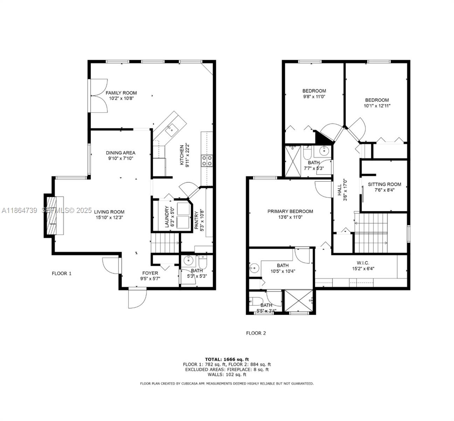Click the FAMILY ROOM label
pyautogui.click(x=121, y=93)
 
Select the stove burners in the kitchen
pyautogui.click(x=207, y=161)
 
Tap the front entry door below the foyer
pyautogui.click(x=136, y=299)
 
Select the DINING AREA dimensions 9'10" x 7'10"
pyautogui.click(x=121, y=158)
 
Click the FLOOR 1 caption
pyautogui.click(x=62, y=273)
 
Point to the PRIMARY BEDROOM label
pyautogui.click(x=290, y=211)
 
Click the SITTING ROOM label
pyautogui.click(x=384, y=184)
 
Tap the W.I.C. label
pyautogui.click(x=363, y=263)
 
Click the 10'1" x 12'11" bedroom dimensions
pyautogui.click(x=377, y=105)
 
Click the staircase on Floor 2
pyautogui.click(x=372, y=233)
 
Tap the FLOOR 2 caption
pyautogui.click(x=256, y=333)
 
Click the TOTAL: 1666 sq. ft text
pyautogui.click(x=227, y=359)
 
